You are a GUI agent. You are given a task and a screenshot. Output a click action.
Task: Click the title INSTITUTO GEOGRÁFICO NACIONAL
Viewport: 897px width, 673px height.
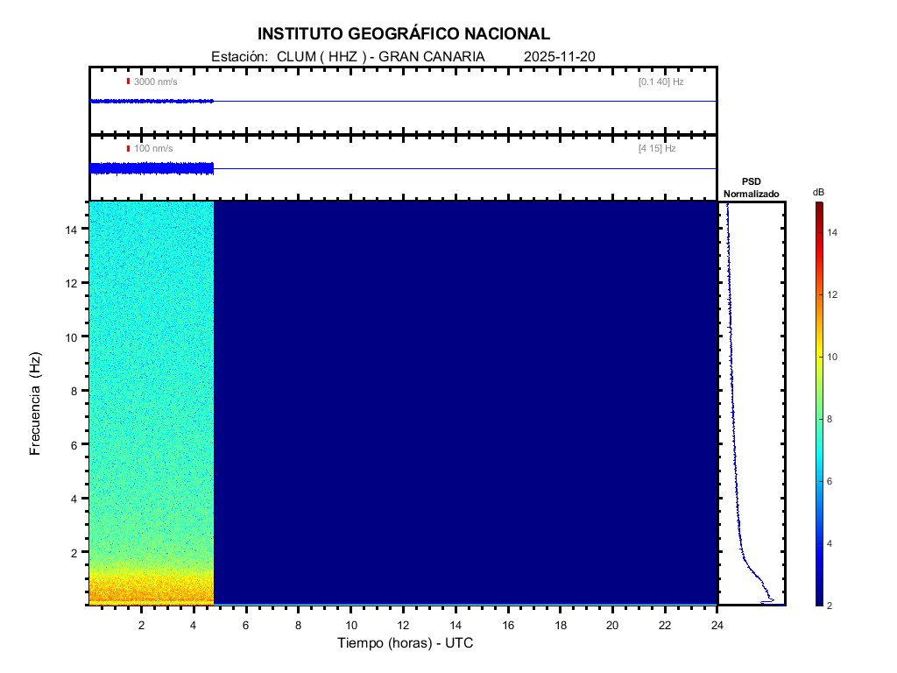pos(404,34)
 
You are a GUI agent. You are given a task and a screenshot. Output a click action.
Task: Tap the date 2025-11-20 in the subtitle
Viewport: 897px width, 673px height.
pos(560,57)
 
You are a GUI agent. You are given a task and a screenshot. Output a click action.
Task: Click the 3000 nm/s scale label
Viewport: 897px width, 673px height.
pos(155,81)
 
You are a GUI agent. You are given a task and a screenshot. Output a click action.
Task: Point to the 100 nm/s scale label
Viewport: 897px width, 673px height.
pos(153,149)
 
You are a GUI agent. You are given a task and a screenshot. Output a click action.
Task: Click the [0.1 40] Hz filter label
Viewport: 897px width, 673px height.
pos(660,81)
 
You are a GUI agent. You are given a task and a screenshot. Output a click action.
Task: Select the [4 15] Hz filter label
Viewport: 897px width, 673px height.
pos(657,149)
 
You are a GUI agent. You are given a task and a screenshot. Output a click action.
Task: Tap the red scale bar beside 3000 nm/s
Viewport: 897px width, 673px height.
pos(128,81)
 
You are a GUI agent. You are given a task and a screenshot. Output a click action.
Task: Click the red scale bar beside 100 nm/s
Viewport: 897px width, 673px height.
pos(128,149)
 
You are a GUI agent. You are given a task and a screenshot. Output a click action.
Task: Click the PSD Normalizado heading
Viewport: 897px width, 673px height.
pos(751,188)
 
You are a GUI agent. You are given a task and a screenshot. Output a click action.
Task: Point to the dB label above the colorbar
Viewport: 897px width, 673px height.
pos(818,192)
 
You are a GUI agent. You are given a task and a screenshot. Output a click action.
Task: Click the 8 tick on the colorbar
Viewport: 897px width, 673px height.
pos(832,420)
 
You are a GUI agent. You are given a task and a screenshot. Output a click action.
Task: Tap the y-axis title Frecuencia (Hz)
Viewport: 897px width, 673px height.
pos(36,404)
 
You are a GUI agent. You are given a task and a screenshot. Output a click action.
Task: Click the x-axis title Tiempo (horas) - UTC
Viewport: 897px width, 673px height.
pos(406,643)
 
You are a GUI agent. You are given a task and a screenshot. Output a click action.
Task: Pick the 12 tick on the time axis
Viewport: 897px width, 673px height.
pos(403,624)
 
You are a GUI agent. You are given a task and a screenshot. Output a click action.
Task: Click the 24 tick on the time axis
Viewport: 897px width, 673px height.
pos(717,624)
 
